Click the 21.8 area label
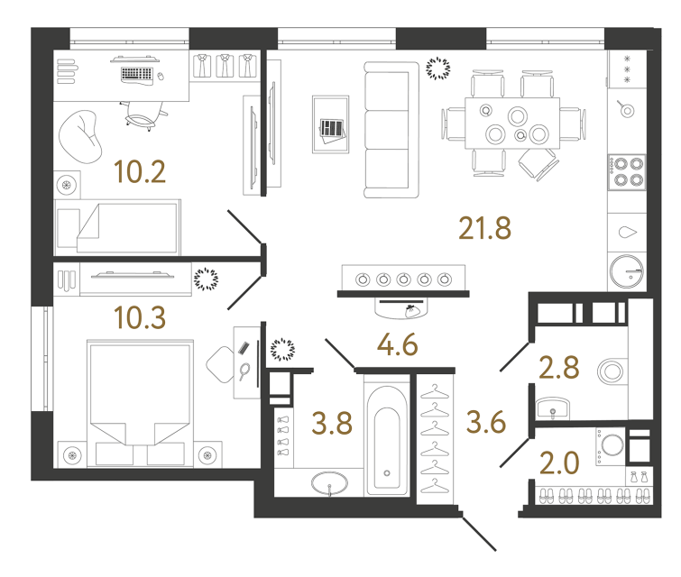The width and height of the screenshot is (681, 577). click(x=485, y=228)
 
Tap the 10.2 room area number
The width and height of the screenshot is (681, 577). click(x=141, y=170)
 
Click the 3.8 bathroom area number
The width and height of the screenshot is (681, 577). click(x=331, y=422)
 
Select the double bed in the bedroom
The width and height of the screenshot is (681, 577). click(x=140, y=402)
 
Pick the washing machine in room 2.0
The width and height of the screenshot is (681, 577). click(x=611, y=445)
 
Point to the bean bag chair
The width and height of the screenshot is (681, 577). click(x=81, y=135)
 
